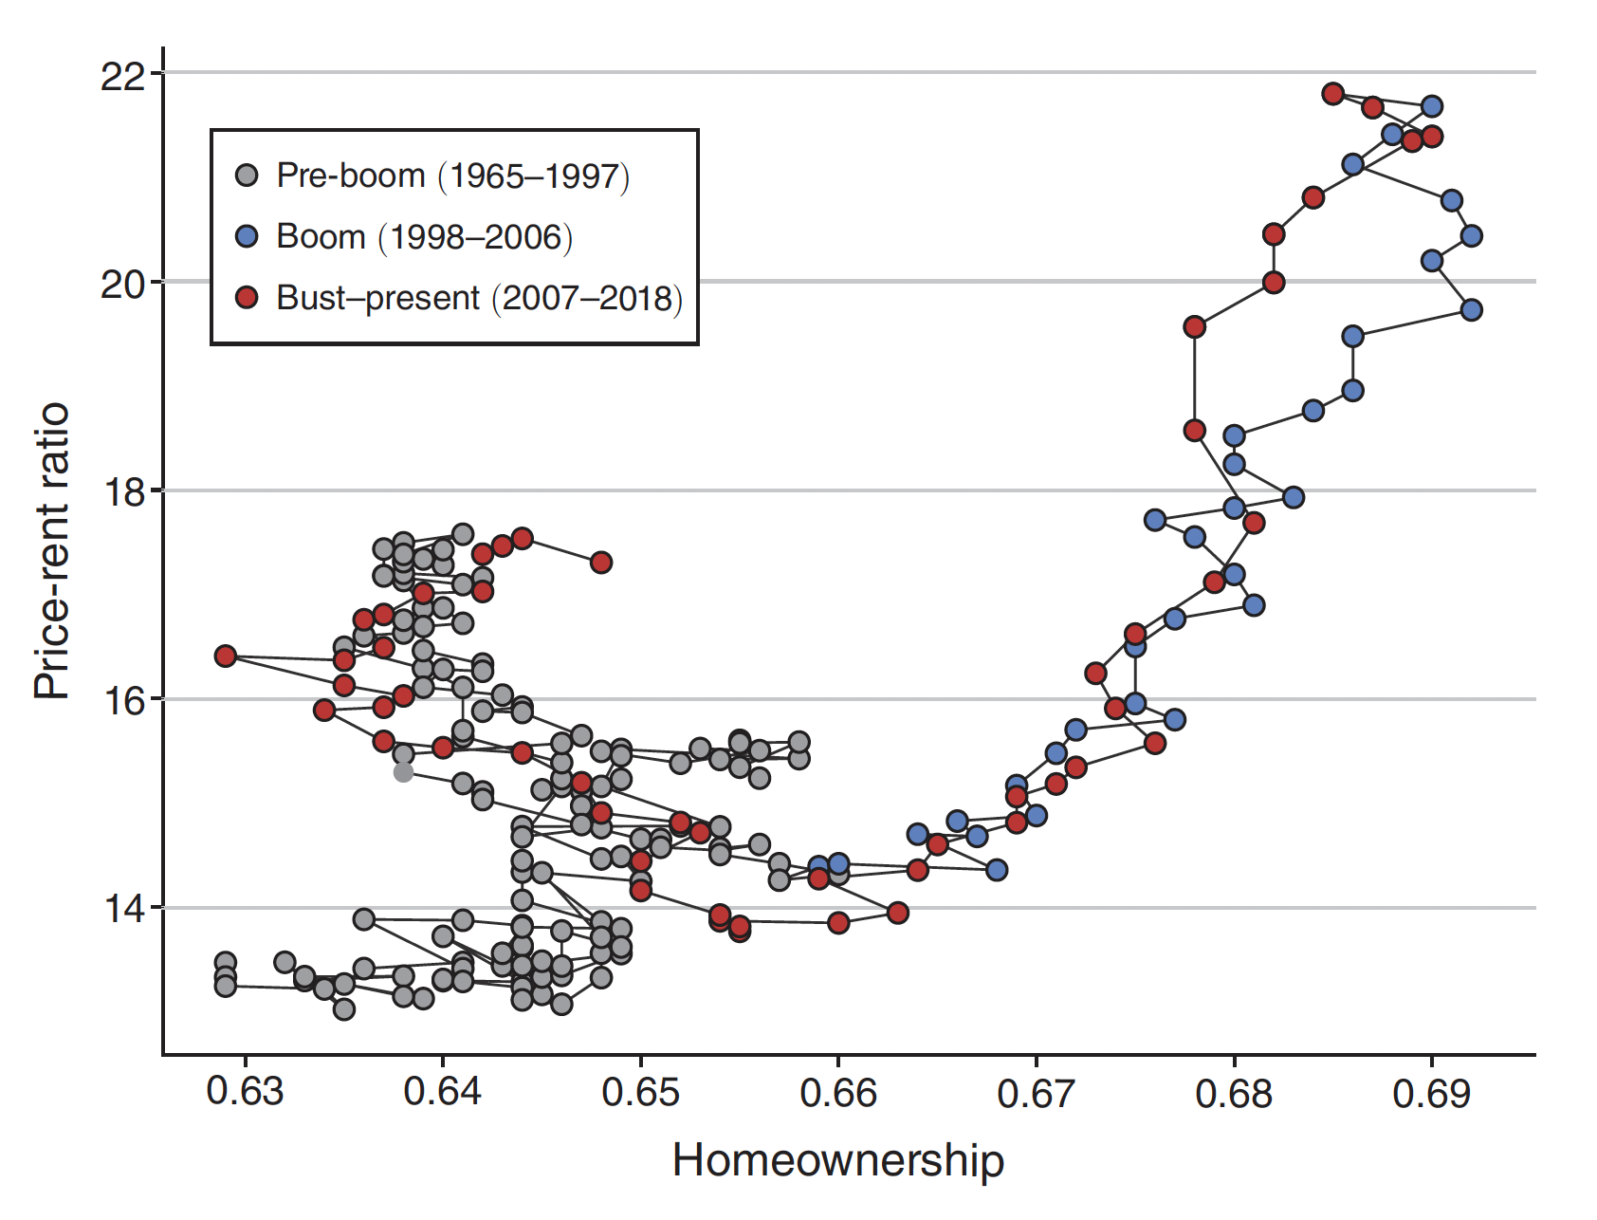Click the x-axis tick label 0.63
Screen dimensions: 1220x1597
tap(245, 1093)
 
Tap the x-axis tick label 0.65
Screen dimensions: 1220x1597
tap(640, 1093)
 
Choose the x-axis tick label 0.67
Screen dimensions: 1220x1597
tap(1036, 1093)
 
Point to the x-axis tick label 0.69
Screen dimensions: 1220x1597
tap(1431, 1093)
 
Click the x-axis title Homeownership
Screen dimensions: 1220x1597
tap(837, 1161)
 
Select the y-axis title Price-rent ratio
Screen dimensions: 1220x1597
tap(52, 551)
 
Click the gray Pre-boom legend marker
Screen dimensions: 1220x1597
tap(247, 176)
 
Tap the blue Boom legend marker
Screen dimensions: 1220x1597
tap(247, 236)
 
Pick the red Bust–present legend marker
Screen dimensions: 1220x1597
tap(247, 298)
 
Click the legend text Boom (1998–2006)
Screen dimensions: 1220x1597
tap(424, 236)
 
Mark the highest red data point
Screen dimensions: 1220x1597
tap(1332, 93)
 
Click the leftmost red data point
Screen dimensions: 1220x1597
tap(225, 656)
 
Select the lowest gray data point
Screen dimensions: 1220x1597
tap(344, 1009)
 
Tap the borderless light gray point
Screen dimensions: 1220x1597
tap(403, 772)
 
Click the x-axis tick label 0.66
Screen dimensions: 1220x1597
tap(838, 1093)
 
